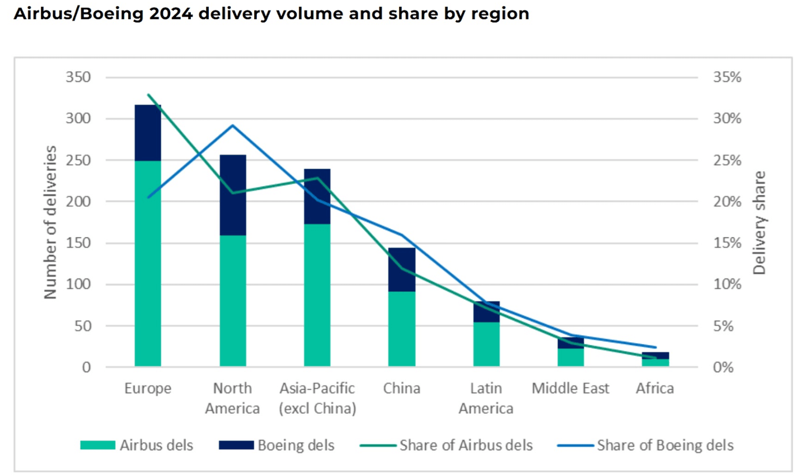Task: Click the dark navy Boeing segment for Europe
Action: click(x=148, y=133)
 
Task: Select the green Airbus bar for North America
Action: click(x=233, y=301)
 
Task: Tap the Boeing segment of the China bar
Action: click(x=402, y=269)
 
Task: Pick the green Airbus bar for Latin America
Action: click(x=486, y=344)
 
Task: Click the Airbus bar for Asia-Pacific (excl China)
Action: click(x=317, y=295)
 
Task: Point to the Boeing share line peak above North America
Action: click(x=233, y=125)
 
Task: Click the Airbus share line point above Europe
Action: click(x=148, y=95)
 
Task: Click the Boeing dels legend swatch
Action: click(x=236, y=445)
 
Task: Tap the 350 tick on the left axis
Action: click(x=78, y=77)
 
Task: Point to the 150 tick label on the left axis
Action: click(x=78, y=243)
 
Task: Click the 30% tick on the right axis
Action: click(x=727, y=119)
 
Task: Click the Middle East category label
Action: click(x=570, y=389)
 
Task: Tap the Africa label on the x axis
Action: click(x=655, y=389)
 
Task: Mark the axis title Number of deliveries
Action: click(x=50, y=222)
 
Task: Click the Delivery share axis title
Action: click(x=759, y=223)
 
